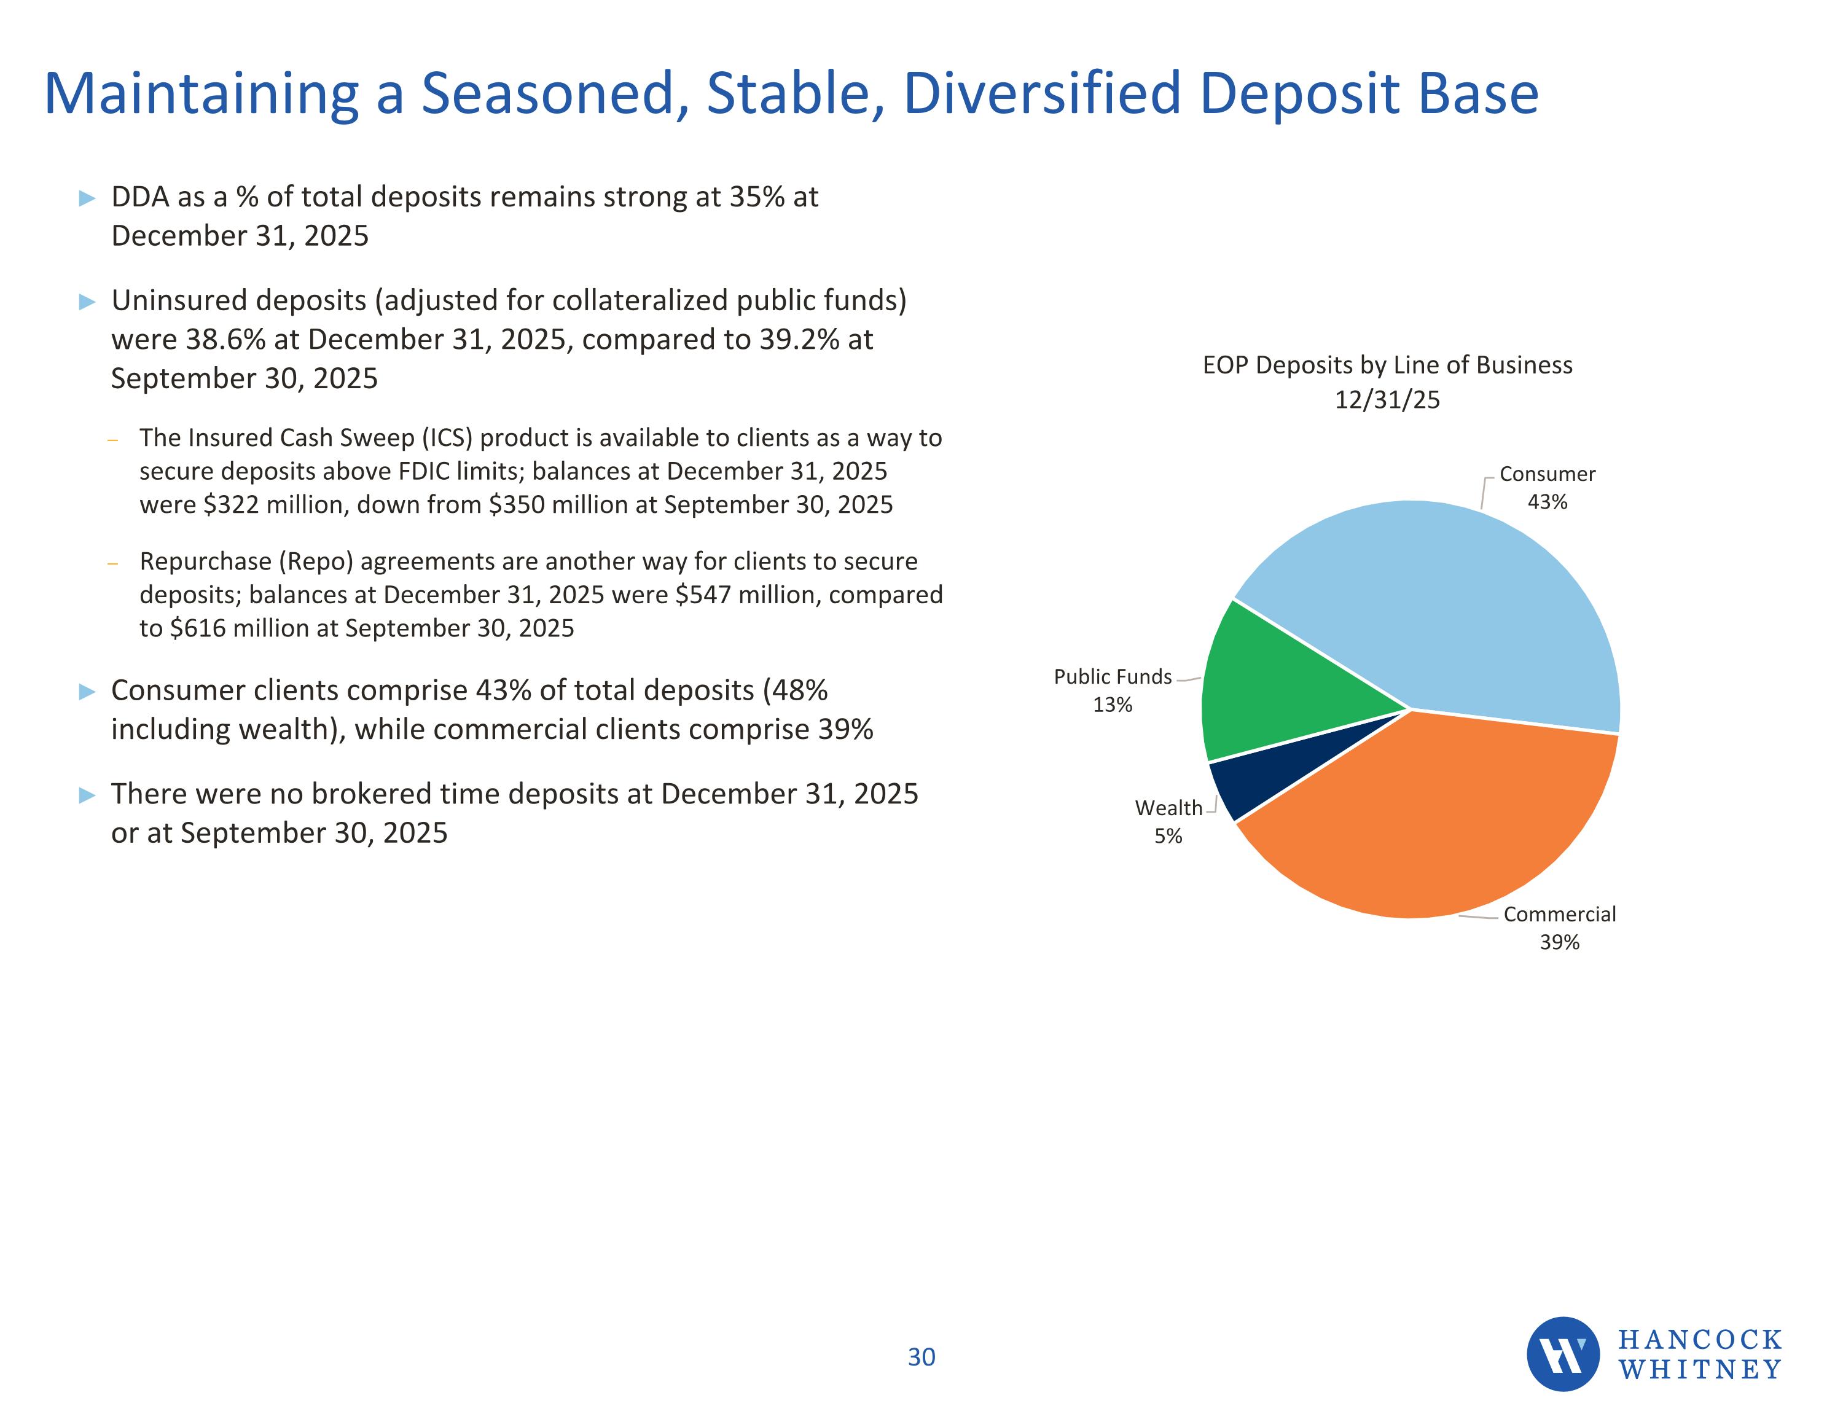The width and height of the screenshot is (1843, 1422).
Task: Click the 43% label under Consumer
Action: (1547, 502)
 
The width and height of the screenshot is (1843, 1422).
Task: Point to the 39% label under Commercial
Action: (1559, 943)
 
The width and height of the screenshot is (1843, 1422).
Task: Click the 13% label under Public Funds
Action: (1112, 705)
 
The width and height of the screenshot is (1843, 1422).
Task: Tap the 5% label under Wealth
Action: (1168, 837)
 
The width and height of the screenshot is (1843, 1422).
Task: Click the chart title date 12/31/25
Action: (1387, 399)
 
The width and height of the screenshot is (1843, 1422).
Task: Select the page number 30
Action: (921, 1357)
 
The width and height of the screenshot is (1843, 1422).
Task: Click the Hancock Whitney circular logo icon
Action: (1562, 1354)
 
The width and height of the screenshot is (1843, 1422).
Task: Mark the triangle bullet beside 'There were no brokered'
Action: (87, 795)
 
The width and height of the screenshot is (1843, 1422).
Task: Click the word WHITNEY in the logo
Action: (1699, 1370)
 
